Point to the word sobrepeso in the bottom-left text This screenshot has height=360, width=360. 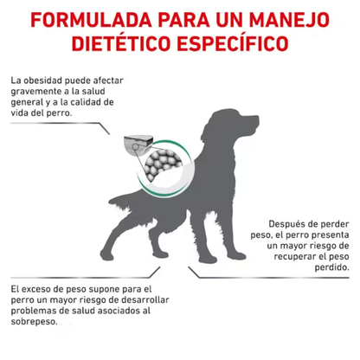(x=33, y=322)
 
